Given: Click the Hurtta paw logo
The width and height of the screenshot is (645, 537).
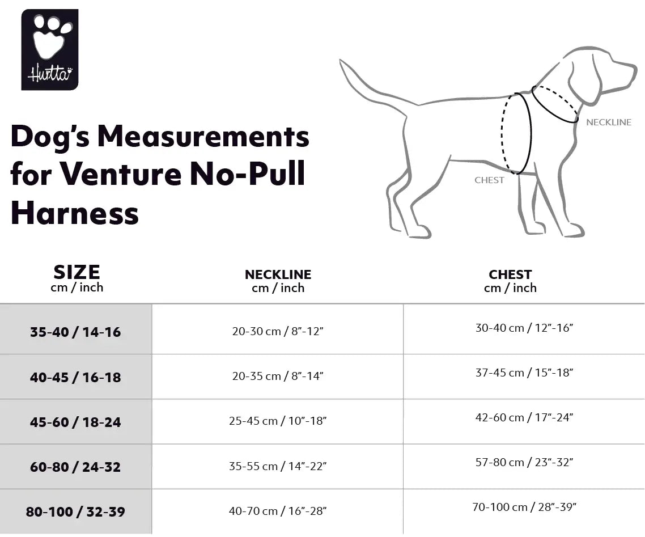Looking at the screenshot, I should tap(50, 49).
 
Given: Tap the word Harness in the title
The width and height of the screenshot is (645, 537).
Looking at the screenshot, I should tap(75, 213).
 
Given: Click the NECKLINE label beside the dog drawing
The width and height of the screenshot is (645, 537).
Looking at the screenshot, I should tap(608, 122).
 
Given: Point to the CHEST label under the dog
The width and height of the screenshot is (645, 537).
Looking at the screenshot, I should tap(489, 180).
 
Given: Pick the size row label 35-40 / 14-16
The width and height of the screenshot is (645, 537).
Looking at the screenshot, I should tap(75, 332).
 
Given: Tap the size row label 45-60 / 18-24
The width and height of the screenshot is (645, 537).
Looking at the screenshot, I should tap(75, 422).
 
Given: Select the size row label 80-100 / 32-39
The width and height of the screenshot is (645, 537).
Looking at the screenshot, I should tap(75, 511).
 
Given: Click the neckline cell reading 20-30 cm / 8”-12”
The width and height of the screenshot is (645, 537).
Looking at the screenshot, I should tap(277, 331).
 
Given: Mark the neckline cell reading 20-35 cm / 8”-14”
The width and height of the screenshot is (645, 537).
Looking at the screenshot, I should tap(277, 376).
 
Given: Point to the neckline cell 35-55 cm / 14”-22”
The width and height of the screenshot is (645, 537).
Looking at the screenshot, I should tap(277, 466).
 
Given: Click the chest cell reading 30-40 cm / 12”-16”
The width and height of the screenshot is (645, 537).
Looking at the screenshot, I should tap(524, 328).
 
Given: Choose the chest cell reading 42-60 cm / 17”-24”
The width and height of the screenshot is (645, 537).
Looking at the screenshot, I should tap(524, 417).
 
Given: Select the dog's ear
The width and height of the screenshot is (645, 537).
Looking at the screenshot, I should tap(584, 85).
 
